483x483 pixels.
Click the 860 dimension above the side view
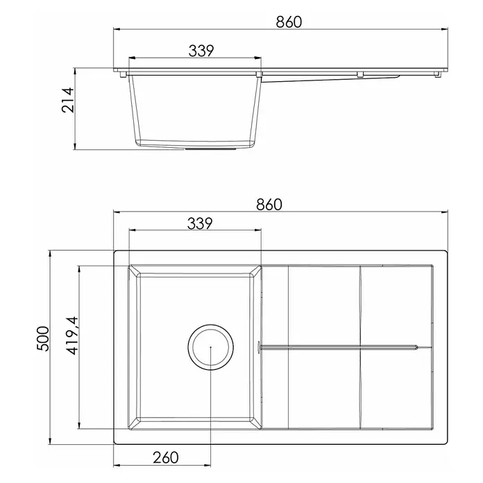[289, 22]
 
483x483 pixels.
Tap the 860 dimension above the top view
[269, 205]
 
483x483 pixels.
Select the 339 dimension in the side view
[201, 51]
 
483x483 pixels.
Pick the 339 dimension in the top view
[200, 223]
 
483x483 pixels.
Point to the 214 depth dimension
[68, 100]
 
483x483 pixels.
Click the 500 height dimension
[43, 339]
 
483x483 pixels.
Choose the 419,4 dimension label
[73, 336]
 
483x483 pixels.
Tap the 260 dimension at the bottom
[166, 457]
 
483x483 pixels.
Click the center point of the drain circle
[211, 347]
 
